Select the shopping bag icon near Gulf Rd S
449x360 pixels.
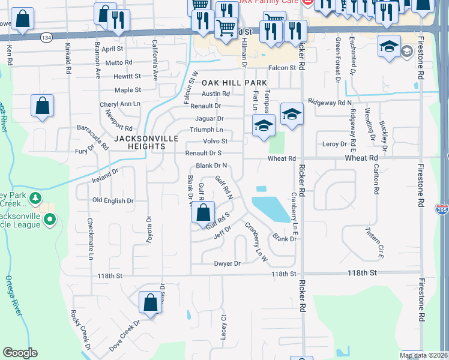204,212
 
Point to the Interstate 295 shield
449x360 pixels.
442,208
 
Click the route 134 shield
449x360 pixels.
46,37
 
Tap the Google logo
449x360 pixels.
20,353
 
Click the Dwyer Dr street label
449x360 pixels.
228,263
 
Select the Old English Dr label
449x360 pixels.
112,200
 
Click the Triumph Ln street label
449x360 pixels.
206,130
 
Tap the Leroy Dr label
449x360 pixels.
335,144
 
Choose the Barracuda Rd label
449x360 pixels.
93,136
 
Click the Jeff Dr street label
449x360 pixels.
222,232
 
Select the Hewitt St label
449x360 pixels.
127,76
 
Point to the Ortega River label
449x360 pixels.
13,294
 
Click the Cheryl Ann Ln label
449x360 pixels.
119,104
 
